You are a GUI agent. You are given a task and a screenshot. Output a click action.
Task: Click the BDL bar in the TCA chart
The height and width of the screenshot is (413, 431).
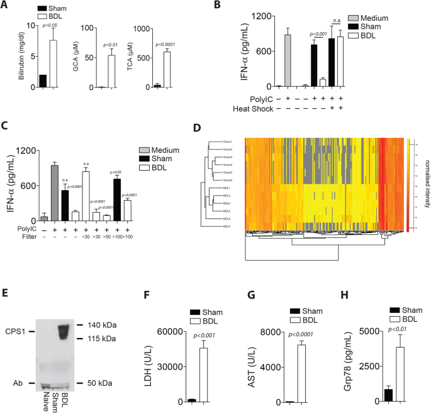(166, 69)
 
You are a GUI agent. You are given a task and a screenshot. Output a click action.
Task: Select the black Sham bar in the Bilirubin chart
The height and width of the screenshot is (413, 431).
(43, 81)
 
